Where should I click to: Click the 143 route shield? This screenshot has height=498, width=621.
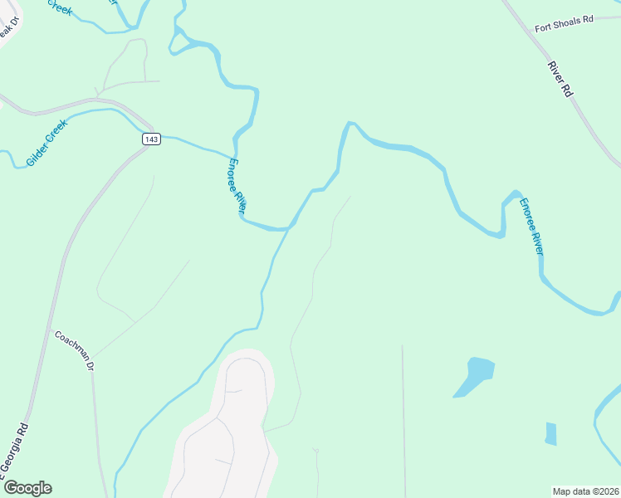point(150,139)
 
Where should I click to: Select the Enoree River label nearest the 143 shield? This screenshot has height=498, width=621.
point(237,187)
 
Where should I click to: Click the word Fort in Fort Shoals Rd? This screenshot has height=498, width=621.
point(544,27)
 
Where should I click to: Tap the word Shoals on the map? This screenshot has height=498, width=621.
point(569,23)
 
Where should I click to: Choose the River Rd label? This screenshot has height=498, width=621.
point(560,79)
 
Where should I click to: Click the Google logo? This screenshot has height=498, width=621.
point(27,488)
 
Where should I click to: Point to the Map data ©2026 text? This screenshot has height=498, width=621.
point(585,491)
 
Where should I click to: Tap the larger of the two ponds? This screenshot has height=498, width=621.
point(477,371)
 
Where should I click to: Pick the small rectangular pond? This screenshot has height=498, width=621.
point(550,433)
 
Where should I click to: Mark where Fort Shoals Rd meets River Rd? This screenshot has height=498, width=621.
point(532,30)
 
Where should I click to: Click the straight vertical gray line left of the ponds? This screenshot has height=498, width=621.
point(403,415)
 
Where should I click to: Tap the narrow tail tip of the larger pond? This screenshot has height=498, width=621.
point(456,395)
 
